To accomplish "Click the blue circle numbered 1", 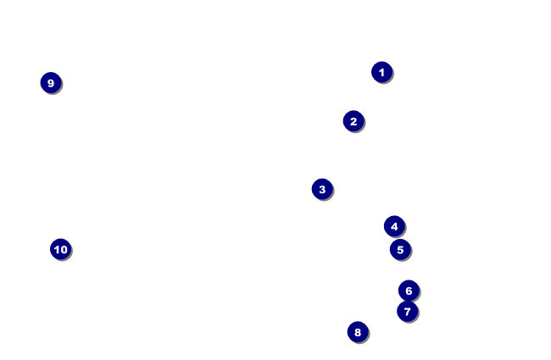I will pos(381,72).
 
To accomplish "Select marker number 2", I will pos(353,121).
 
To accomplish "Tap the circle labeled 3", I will pos(322,189).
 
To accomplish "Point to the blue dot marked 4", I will pos(394,226).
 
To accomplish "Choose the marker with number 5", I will pos(400,249).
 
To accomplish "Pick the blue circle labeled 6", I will pos(409,291).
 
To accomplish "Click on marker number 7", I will pos(407,312).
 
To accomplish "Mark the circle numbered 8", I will pos(358,332).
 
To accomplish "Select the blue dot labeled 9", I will pos(51,83).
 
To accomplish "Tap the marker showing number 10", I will pos(60,249).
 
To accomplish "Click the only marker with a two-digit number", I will pos(60,249).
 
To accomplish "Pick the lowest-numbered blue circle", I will pos(381,72).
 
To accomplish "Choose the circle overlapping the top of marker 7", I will pos(409,291).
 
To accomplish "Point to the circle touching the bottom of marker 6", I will pos(407,312).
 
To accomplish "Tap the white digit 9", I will pos(51,83).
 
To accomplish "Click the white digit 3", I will pos(322,189).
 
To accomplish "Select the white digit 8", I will pos(358,332).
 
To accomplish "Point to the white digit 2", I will pos(353,121).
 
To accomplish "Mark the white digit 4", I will pos(394,226).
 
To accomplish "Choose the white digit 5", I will pos(400,249).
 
